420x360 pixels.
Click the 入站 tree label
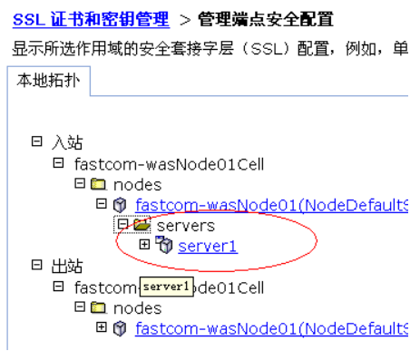coord(63,142)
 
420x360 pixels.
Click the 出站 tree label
coord(63,266)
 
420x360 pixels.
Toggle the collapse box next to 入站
coord(36,142)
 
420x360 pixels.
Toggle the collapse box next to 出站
coord(36,266)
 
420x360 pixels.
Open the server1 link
coord(207,245)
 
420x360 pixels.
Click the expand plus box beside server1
coord(144,245)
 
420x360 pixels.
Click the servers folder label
coord(186,225)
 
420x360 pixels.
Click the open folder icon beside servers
coord(142,225)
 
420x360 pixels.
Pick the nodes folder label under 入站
coord(137,184)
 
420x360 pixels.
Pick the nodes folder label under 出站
coord(137,307)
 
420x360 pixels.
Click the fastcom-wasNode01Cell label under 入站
coord(169,163)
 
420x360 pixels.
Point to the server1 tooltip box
coord(165,287)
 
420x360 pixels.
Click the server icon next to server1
coord(164,245)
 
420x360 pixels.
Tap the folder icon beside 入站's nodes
coord(98,184)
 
